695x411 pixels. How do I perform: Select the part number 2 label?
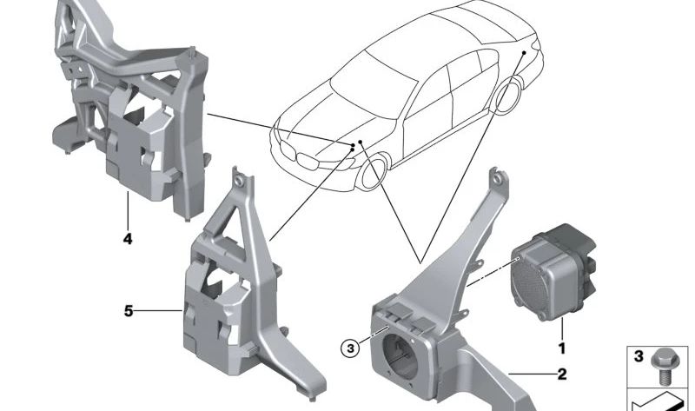561,375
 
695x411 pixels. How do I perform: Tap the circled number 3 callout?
349,348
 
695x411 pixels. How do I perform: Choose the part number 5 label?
129,310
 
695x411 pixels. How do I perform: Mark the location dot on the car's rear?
524,54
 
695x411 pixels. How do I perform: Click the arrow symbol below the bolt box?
660,401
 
